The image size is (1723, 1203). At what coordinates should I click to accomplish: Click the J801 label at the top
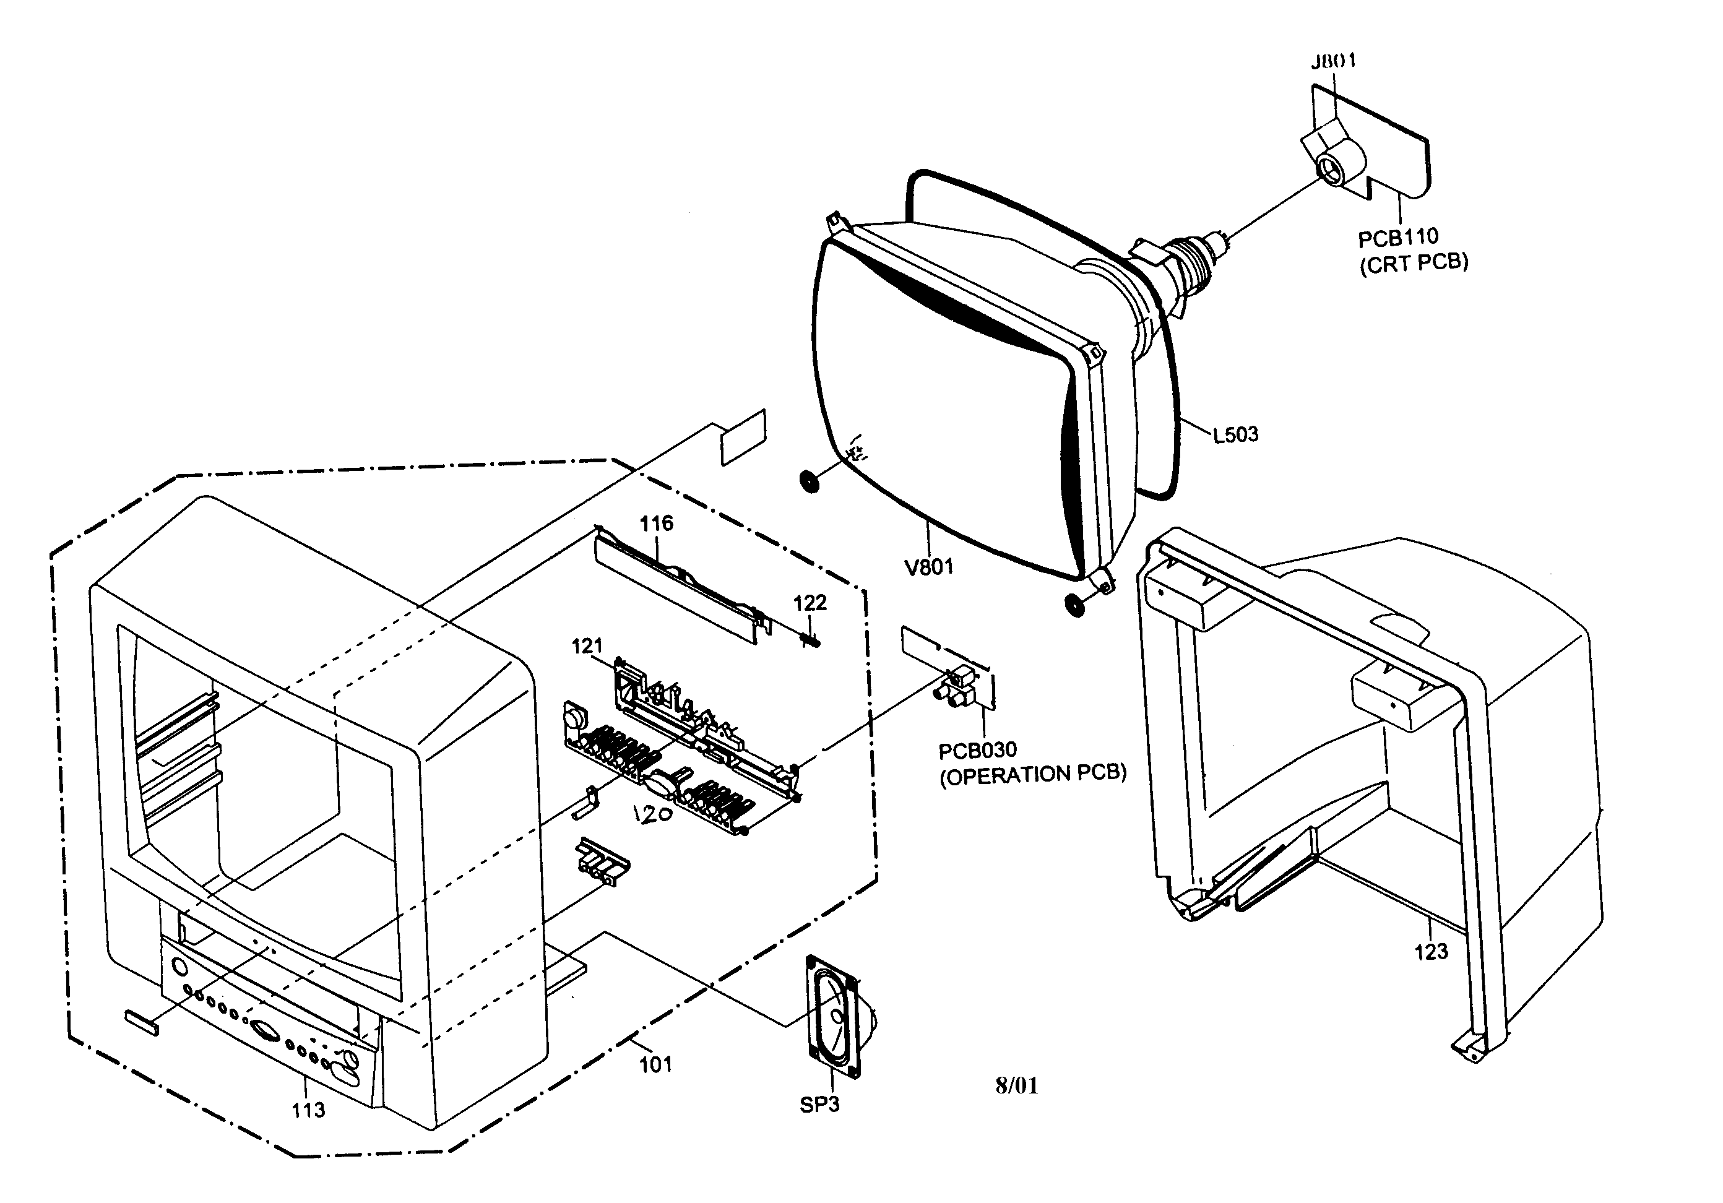[1334, 61]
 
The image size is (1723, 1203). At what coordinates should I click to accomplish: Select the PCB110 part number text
[1398, 237]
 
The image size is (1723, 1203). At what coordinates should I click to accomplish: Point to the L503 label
[1235, 434]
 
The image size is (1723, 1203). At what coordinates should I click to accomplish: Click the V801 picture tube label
[929, 567]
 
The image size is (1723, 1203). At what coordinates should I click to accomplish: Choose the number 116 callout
[656, 523]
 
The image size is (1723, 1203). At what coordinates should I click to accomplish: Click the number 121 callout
[587, 645]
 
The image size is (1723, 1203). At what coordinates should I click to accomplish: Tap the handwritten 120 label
[651, 814]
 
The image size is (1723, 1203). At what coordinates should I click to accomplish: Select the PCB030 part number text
[977, 750]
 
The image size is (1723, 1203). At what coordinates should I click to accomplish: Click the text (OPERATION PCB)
[1032, 775]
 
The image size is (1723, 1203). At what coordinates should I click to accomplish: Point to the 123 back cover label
[1430, 952]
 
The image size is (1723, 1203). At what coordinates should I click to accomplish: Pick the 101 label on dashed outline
[655, 1064]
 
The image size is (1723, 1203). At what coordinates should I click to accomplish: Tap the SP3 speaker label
[819, 1105]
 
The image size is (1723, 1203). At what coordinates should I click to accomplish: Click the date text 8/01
[1017, 1085]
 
